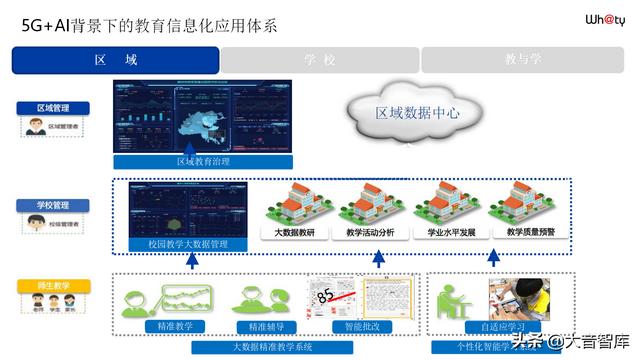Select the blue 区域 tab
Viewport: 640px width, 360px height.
pyautogui.click(x=115, y=60)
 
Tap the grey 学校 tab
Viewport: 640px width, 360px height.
pyautogui.click(x=319, y=60)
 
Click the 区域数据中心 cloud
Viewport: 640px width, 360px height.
pyautogui.click(x=417, y=113)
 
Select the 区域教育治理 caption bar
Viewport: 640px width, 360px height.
pyautogui.click(x=203, y=161)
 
